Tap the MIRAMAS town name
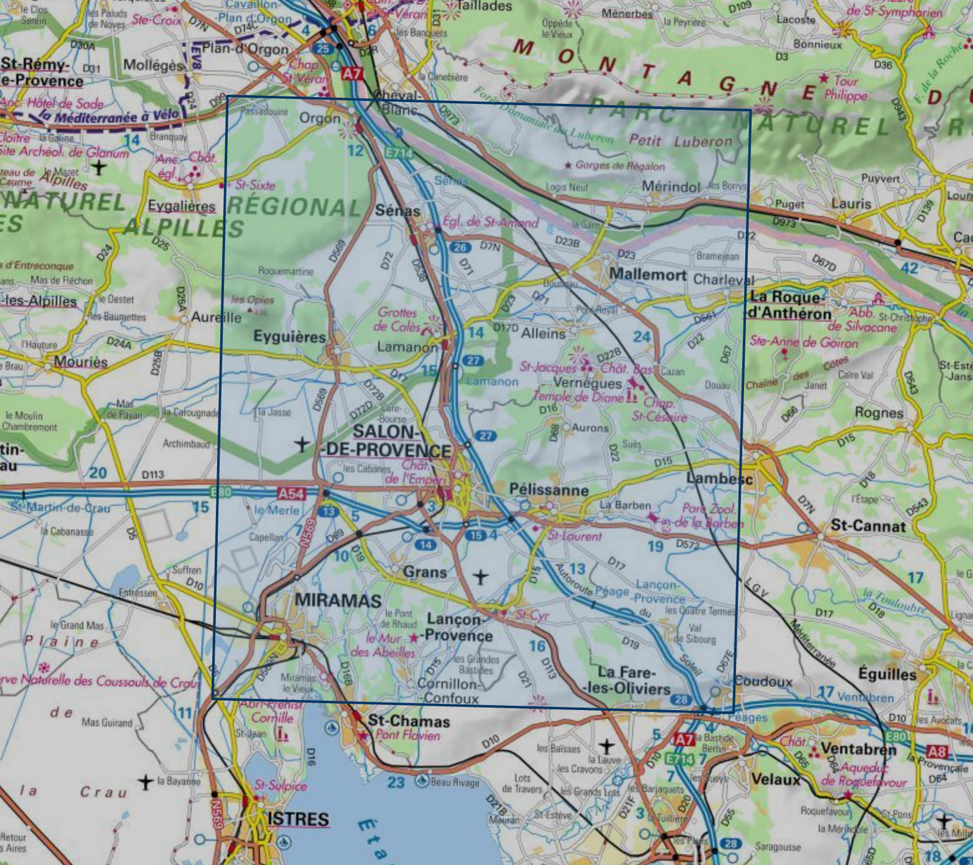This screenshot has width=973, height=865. [x=338, y=600]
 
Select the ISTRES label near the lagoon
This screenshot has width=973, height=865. [x=298, y=819]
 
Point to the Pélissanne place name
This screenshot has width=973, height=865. [x=549, y=490]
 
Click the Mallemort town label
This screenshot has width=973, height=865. [x=647, y=274]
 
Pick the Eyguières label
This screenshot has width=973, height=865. [x=289, y=337]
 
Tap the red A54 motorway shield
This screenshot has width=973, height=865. [x=291, y=494]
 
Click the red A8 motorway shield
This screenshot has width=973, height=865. [x=937, y=752]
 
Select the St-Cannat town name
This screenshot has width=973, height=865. [x=868, y=526]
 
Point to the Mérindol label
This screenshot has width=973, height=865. [x=671, y=187]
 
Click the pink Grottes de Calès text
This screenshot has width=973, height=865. [x=398, y=319]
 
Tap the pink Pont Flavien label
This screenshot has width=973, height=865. [x=407, y=735]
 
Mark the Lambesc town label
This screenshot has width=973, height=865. [x=719, y=479]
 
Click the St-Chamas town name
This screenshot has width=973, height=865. [x=409, y=721]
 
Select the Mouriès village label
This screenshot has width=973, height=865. [x=80, y=361]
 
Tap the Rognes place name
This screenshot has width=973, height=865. [x=878, y=413]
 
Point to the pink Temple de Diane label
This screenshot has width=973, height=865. [x=578, y=396]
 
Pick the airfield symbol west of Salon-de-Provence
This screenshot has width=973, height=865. [x=302, y=445]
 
